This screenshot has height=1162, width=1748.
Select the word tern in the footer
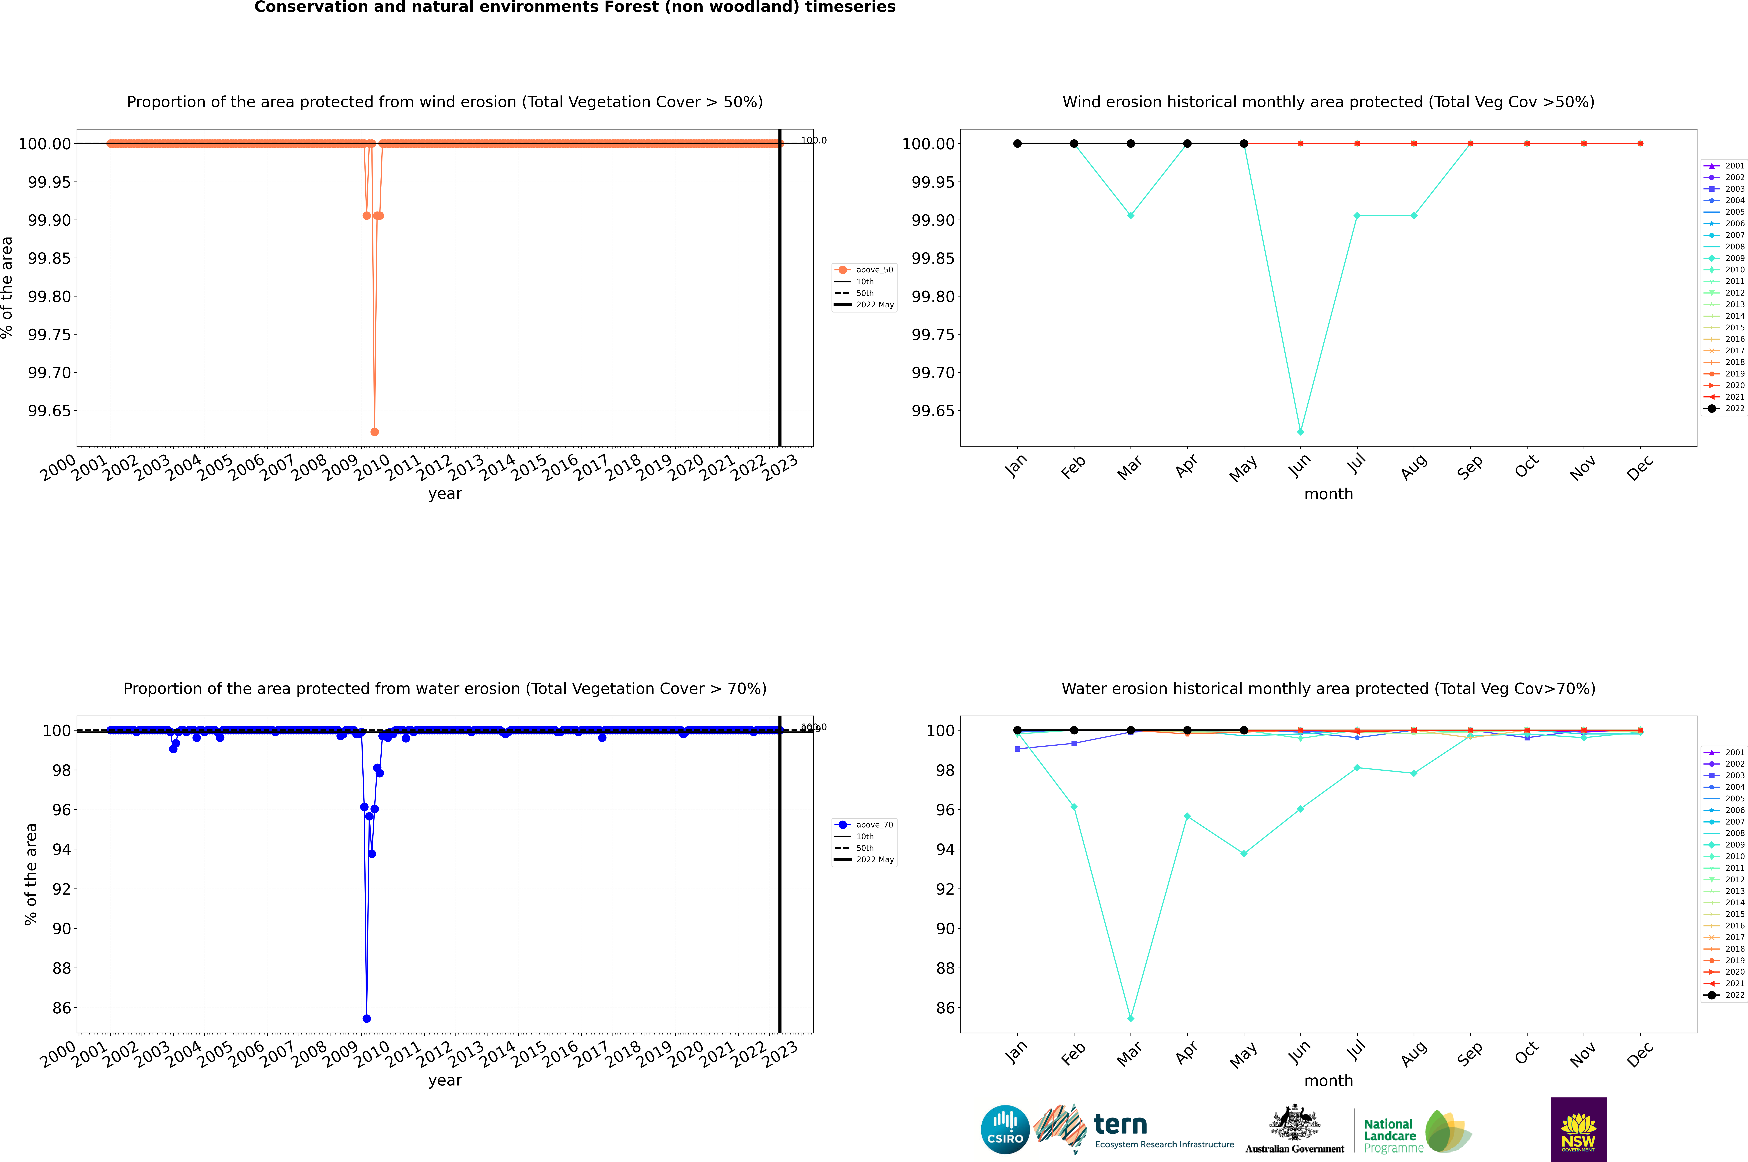(1120, 1125)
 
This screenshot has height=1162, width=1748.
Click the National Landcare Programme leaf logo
(1448, 1132)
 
